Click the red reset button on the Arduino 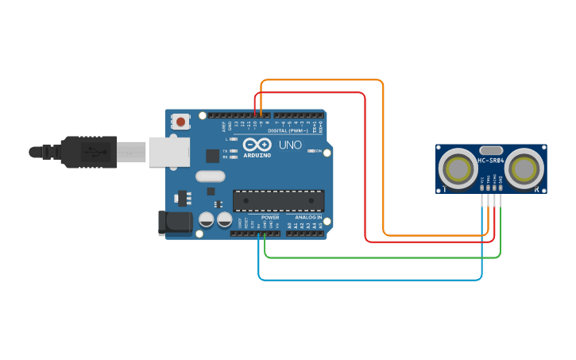click(x=180, y=122)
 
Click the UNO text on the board click(x=290, y=145)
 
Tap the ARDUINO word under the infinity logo click(x=257, y=155)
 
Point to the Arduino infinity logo click(x=257, y=145)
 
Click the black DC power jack click(x=175, y=223)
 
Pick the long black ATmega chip click(x=278, y=202)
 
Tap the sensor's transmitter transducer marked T click(x=458, y=168)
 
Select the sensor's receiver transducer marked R click(x=524, y=168)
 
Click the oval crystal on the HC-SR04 click(x=491, y=149)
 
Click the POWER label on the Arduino click(x=270, y=217)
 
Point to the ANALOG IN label click(x=308, y=217)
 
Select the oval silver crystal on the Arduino click(x=210, y=176)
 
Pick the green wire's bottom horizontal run click(x=381, y=257)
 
